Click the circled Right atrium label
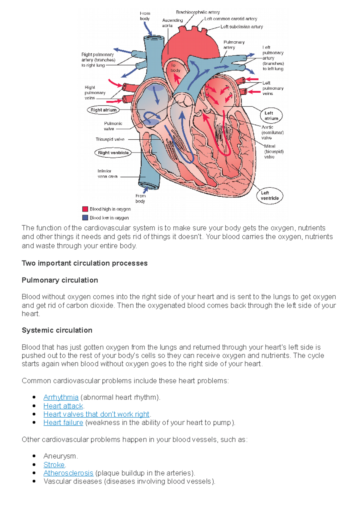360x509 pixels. click(103, 110)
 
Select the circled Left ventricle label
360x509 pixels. click(270, 196)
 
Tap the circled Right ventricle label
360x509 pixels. click(113, 153)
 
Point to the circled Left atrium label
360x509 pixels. click(271, 116)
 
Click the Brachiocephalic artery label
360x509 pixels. click(198, 12)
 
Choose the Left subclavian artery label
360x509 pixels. click(241, 27)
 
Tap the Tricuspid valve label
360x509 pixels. click(110, 139)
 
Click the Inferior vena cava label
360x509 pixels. click(107, 174)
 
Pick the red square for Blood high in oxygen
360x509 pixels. click(85, 209)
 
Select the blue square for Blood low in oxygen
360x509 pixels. click(85, 218)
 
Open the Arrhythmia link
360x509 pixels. click(61, 397)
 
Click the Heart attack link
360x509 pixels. click(63, 406)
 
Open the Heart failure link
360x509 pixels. click(63, 422)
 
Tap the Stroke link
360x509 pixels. click(54, 465)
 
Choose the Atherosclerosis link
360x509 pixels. click(68, 473)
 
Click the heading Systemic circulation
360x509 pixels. click(57, 330)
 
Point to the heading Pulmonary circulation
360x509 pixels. click(60, 280)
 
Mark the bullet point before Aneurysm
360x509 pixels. click(34, 456)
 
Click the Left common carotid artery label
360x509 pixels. click(231, 19)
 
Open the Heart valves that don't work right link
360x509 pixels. click(96, 414)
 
